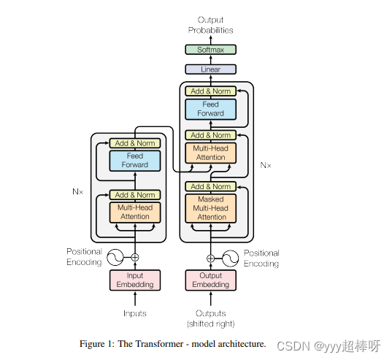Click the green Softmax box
[211, 50]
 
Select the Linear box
[211, 69]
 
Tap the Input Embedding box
[135, 280]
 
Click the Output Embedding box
[211, 280]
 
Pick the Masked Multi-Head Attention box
[211, 208]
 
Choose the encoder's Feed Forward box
[135, 160]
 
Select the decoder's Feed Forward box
[211, 109]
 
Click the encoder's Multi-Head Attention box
[135, 212]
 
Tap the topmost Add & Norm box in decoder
[211, 91]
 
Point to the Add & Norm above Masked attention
[211, 186]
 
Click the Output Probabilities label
[211, 25]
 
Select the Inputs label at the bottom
[135, 313]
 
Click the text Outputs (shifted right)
[211, 318]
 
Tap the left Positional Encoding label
[85, 257]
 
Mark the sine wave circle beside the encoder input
[115, 257]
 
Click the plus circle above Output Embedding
[211, 258]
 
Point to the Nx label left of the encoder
[77, 191]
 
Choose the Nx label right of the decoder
[266, 165]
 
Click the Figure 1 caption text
[173, 343]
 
